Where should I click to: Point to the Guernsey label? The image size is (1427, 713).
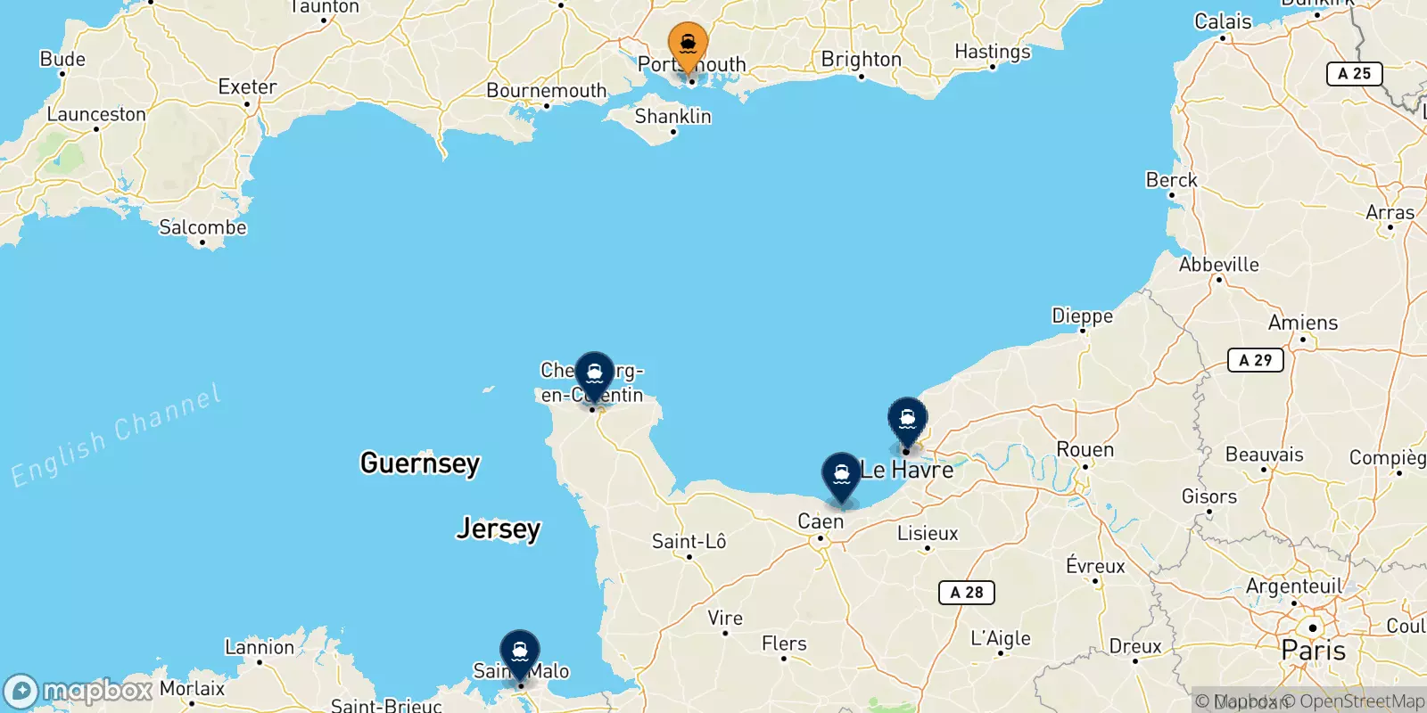point(419,463)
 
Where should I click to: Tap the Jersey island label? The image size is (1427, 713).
point(498,529)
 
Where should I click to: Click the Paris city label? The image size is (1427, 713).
point(1313,651)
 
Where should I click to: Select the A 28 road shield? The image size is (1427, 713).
point(966,592)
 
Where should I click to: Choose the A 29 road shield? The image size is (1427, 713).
point(1255,360)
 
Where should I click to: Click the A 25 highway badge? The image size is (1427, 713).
point(1354,74)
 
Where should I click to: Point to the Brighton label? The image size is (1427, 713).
point(861,60)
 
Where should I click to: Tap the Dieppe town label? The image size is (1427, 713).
point(1082,316)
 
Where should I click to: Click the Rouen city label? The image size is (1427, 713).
point(1085,450)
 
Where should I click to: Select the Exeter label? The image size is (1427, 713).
point(247,87)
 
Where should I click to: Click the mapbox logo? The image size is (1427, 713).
point(78,691)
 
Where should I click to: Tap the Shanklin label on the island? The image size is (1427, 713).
point(672,117)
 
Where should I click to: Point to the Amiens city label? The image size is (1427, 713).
point(1302,323)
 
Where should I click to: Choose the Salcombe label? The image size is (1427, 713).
point(202,227)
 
